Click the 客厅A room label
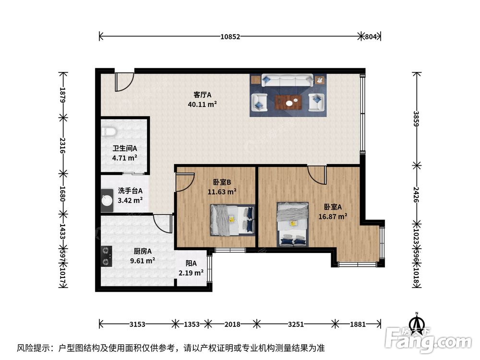[203, 95]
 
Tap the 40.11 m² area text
[203, 104]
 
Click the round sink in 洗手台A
[107, 201]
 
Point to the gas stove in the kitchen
[106, 256]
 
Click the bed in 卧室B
[232, 220]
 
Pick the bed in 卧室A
[292, 224]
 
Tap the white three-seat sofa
[287, 80]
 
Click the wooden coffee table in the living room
[288, 102]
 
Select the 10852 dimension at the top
[230, 37]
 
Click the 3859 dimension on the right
[416, 119]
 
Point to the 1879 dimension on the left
[63, 95]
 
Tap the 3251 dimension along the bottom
[296, 324]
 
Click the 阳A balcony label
[191, 263]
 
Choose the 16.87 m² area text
[333, 216]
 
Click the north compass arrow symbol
[417, 322]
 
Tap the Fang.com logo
[428, 339]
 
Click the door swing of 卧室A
[317, 175]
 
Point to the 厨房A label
[143, 252]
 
